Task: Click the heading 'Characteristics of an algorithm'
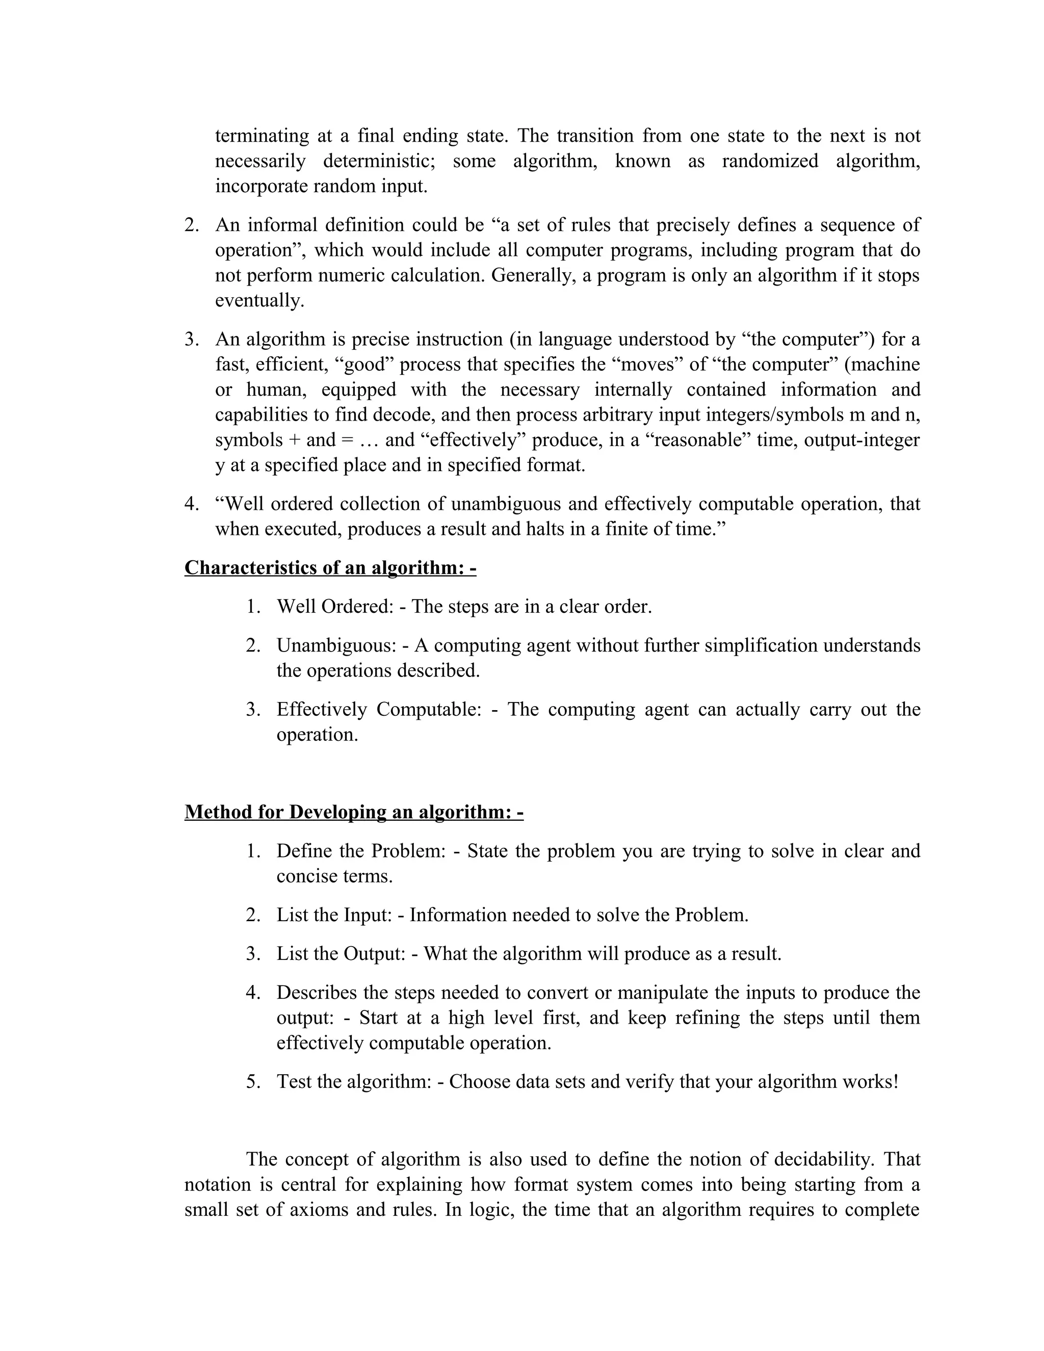(x=330, y=568)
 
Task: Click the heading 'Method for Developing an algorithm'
(x=354, y=812)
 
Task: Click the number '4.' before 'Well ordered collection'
(x=192, y=504)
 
